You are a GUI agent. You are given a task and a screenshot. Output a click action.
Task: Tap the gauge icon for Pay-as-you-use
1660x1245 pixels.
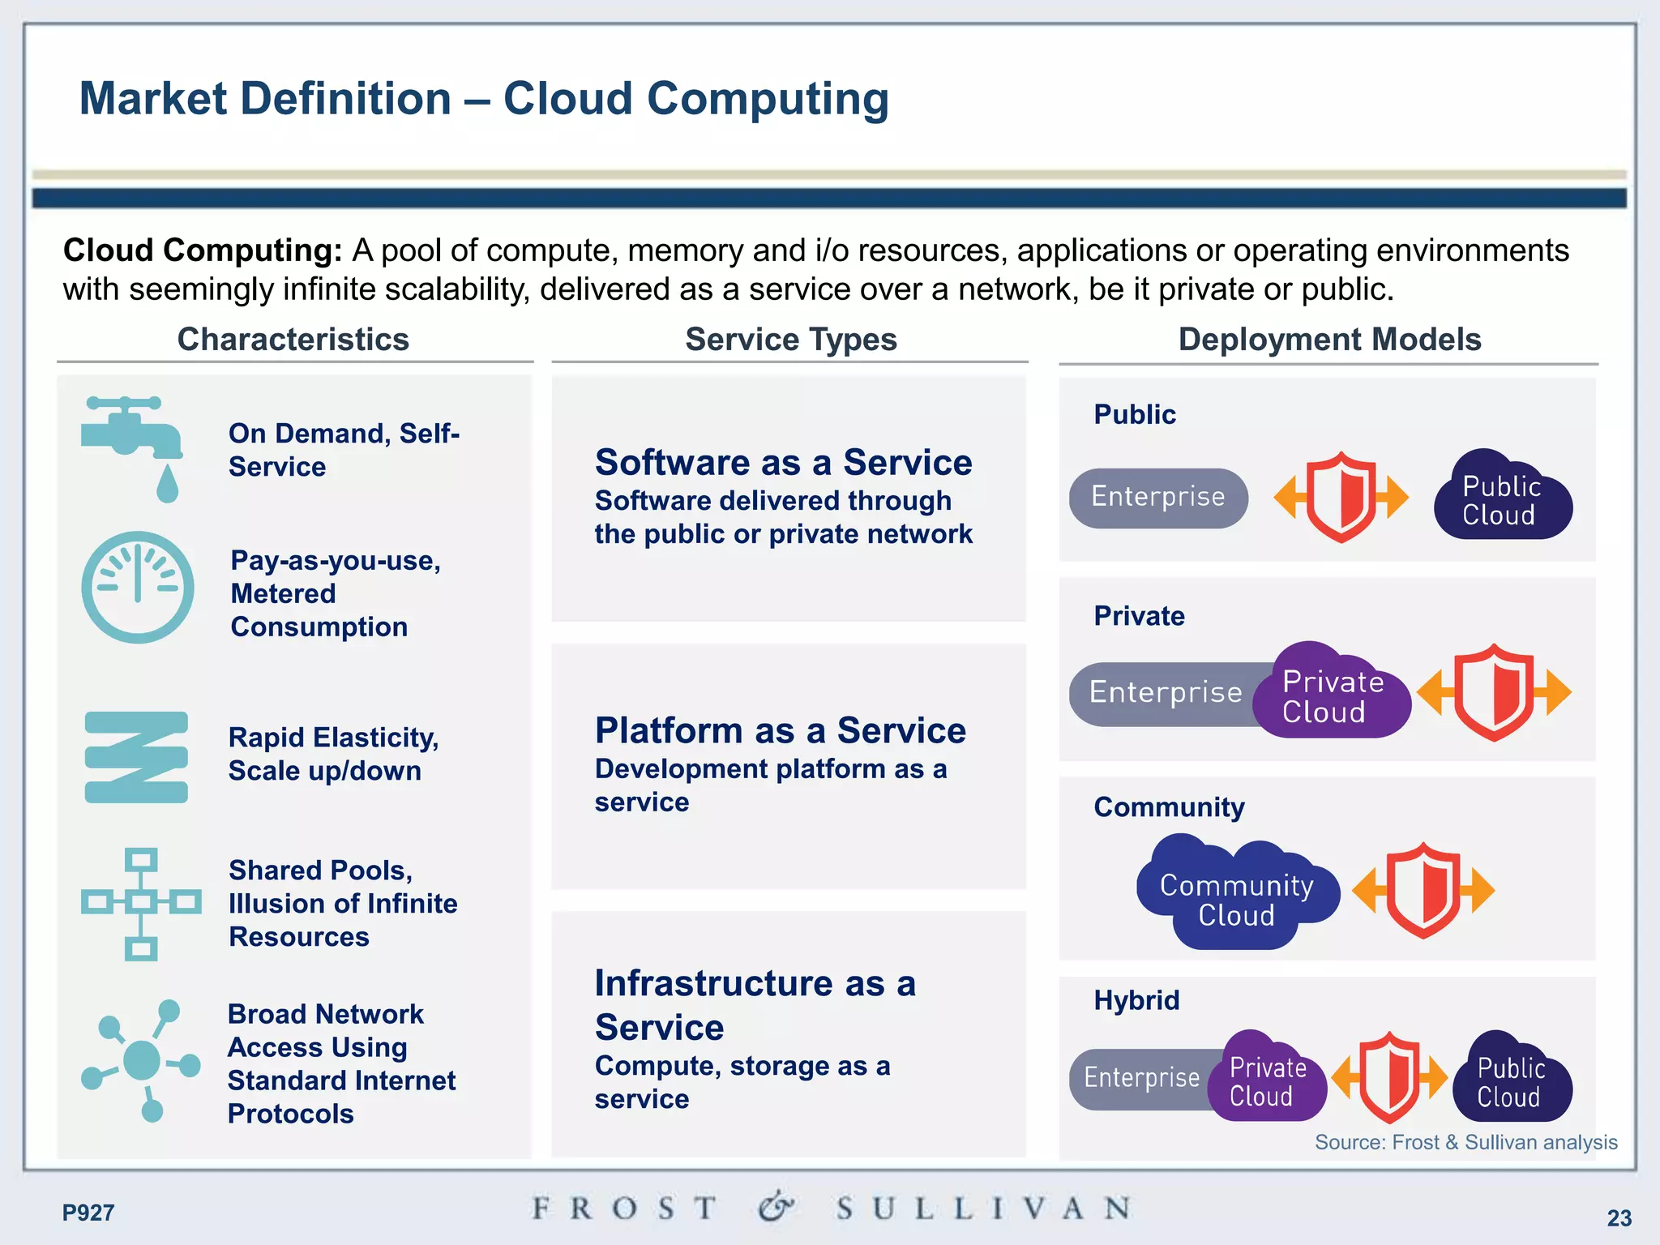138,588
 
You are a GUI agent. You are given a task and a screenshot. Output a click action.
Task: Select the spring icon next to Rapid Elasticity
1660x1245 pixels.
136,757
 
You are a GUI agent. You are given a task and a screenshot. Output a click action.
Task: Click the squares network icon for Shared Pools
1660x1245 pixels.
141,903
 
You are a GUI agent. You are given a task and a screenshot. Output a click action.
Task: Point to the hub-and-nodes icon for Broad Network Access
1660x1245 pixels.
141,1059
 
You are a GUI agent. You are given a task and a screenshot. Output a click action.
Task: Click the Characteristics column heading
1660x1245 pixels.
293,340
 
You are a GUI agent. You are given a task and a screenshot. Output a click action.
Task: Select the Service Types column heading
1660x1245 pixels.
791,340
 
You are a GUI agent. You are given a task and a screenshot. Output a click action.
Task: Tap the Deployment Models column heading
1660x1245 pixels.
1329,340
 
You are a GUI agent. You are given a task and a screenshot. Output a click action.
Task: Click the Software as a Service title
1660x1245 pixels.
783,463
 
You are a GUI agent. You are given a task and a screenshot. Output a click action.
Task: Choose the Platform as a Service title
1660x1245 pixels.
780,731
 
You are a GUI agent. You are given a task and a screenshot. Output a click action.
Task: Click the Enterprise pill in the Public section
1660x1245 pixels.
1158,498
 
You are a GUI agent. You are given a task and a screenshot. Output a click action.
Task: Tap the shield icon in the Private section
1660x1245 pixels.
1494,691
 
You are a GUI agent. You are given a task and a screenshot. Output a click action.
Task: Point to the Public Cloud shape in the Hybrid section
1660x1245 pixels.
1511,1080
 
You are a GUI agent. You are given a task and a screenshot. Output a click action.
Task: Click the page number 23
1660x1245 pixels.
1619,1217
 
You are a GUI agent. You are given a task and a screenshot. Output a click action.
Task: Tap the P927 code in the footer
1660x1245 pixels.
88,1213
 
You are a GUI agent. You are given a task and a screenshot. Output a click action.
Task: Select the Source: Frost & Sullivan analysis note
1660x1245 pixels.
1465,1142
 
